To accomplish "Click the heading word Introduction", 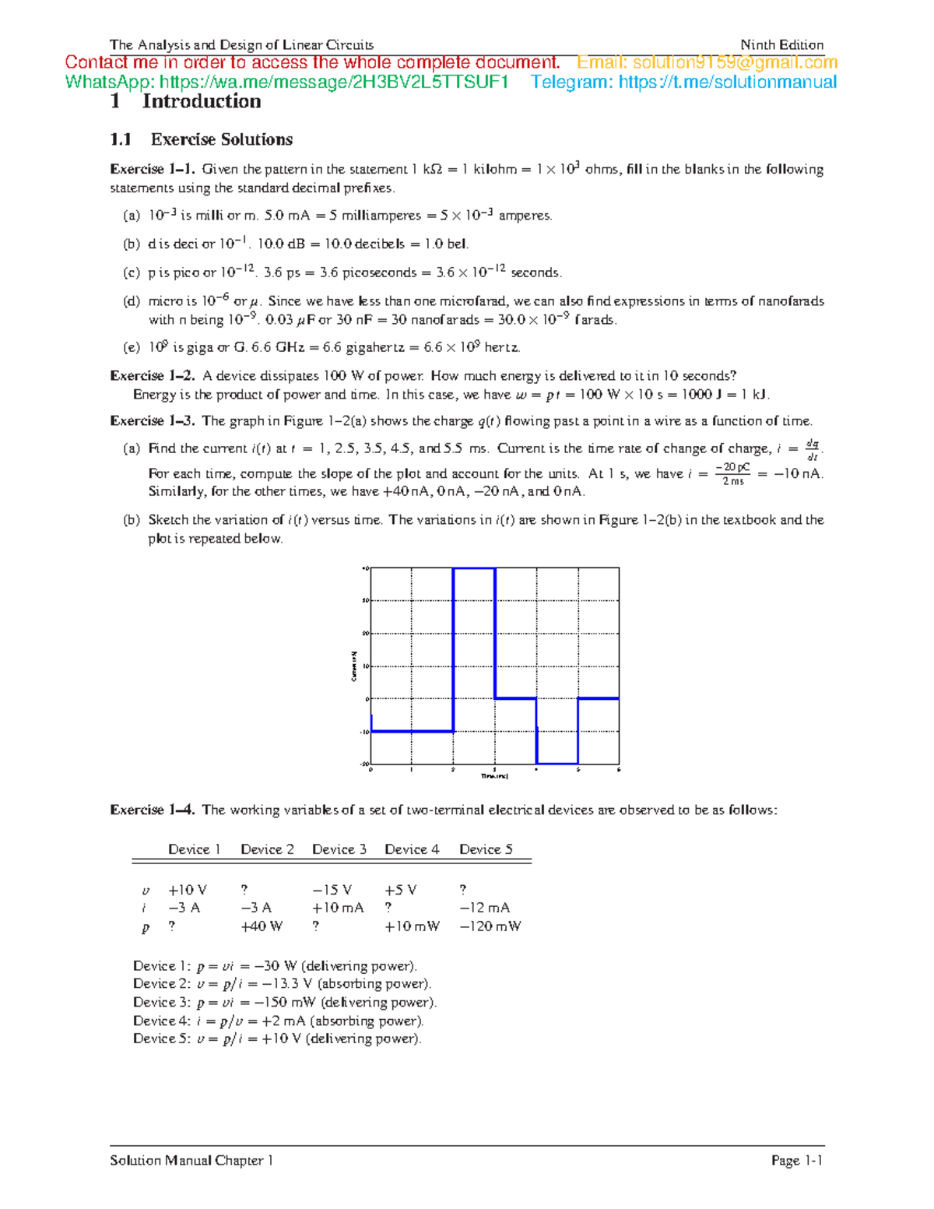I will (201, 101).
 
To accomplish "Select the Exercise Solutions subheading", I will (221, 139).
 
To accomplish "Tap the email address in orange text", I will (707, 62).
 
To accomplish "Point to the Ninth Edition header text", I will (781, 45).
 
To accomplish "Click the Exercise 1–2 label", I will (153, 376).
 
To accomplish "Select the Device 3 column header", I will (339, 849).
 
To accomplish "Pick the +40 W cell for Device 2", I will (262, 926).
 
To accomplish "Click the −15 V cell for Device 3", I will (332, 890).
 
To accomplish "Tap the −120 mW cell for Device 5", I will (490, 926).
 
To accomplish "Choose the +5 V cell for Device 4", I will (400, 890).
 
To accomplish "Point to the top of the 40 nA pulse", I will (474, 569).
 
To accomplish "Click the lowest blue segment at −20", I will (557, 764).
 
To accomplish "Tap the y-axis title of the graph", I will (354, 666).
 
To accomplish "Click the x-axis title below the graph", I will (494, 776).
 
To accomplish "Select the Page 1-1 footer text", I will (797, 1161).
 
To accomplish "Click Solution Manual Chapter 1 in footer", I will (191, 1161).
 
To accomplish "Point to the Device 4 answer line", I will (278, 1021).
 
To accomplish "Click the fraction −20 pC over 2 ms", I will (732, 474).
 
